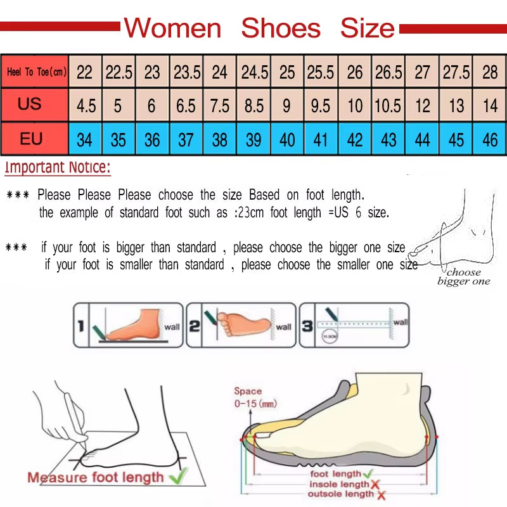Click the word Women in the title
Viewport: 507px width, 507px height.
coord(173,29)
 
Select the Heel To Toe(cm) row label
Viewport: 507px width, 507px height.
coord(36,72)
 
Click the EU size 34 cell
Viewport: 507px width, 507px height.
coord(84,139)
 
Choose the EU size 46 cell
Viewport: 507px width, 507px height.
coord(490,139)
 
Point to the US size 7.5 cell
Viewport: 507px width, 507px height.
coord(219,105)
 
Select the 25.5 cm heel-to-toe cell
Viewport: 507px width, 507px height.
coord(321,72)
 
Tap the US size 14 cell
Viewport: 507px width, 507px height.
coord(490,105)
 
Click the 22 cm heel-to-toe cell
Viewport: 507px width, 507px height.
coord(84,72)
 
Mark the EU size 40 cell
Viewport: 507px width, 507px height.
coord(287,139)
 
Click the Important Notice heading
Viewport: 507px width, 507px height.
coord(58,168)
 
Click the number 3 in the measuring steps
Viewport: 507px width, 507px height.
coord(307,326)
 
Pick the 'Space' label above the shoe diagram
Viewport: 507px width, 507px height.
coord(248,391)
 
